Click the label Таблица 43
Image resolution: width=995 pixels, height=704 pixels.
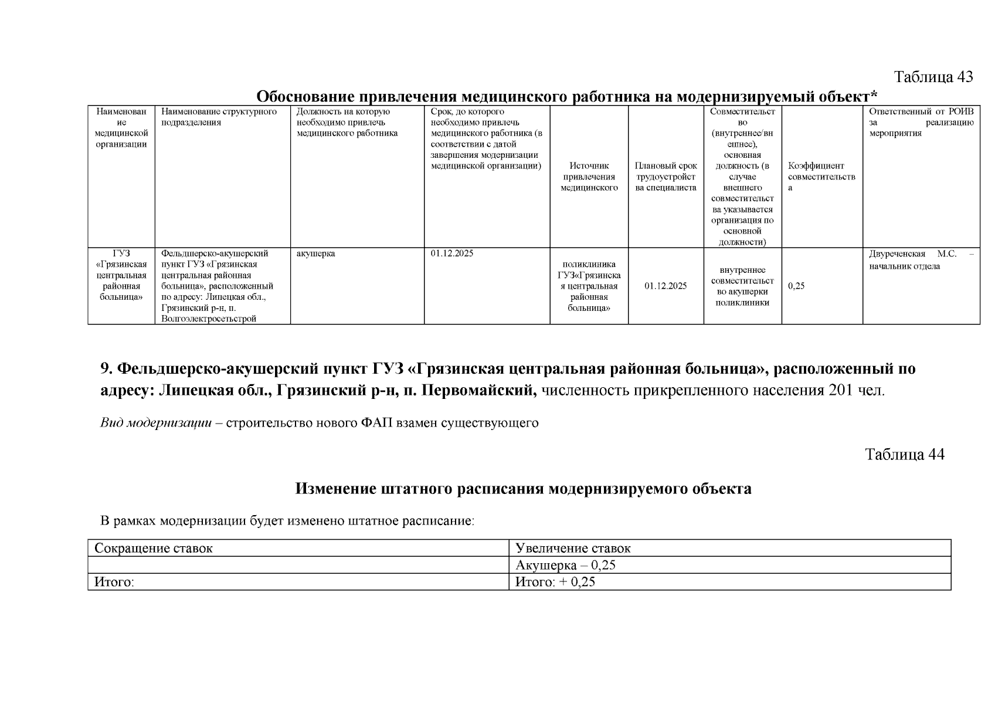click(933, 77)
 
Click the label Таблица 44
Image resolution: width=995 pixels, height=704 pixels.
click(905, 455)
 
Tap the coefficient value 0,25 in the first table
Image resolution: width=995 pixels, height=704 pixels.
click(796, 286)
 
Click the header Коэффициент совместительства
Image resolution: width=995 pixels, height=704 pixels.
click(821, 177)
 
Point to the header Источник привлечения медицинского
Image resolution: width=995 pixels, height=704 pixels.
click(589, 177)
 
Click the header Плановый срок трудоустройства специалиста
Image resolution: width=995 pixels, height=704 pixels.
click(665, 177)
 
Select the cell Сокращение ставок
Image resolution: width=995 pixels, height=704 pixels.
click(154, 549)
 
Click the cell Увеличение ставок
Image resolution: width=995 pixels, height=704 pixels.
click(573, 549)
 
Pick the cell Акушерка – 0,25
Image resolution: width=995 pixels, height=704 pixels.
click(565, 566)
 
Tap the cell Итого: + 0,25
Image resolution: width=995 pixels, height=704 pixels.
click(555, 582)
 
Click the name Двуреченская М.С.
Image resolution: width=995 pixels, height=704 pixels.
click(912, 254)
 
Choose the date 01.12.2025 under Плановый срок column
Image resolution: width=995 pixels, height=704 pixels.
click(665, 286)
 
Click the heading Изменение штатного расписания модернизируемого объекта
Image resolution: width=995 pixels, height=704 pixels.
click(523, 489)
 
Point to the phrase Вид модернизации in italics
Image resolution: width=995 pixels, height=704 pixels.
click(156, 423)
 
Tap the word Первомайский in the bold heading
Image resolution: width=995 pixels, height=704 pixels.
click(476, 390)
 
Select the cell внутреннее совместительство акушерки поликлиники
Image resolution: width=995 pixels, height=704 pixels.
click(742, 286)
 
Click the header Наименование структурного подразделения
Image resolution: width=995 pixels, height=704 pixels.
click(219, 117)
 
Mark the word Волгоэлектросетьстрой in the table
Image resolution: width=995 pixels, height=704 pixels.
click(209, 319)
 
